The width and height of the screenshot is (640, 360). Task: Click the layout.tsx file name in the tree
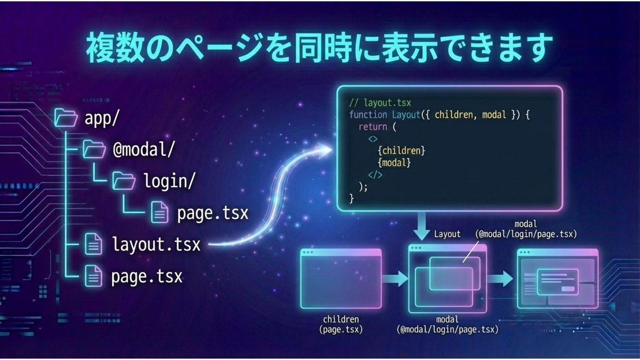pyautogui.click(x=156, y=244)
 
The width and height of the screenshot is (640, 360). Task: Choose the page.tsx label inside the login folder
pyautogui.click(x=212, y=213)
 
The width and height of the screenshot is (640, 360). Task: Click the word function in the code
pyautogui.click(x=368, y=115)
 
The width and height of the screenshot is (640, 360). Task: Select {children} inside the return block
pyautogui.click(x=401, y=151)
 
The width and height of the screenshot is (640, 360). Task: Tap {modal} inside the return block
pyautogui.click(x=394, y=163)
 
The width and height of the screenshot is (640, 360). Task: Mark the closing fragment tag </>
pyautogui.click(x=375, y=175)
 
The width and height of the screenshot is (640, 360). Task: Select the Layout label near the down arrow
pyautogui.click(x=447, y=234)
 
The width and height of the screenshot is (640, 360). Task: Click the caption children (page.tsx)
pyautogui.click(x=341, y=324)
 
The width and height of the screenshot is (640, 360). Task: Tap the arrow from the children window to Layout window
pyautogui.click(x=395, y=279)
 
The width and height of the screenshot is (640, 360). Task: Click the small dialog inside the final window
pyautogui.click(x=557, y=282)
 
